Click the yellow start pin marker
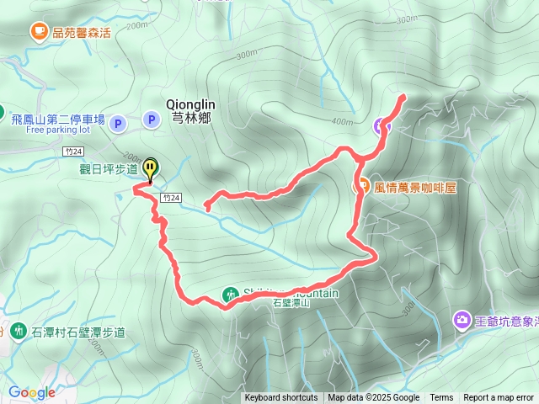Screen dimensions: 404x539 coord(150,168)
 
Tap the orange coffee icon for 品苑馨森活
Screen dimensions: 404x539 coord(39,32)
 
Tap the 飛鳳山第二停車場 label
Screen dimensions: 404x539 coord(57,120)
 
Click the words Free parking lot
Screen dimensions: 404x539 coord(57,130)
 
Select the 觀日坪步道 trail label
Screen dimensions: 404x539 coord(109,169)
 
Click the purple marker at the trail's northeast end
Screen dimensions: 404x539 coord(382,126)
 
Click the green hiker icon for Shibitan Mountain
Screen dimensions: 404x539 coord(230,294)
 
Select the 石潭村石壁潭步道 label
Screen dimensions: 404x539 coord(78,332)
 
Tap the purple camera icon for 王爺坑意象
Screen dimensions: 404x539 coord(462,320)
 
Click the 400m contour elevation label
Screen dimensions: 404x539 coord(342,122)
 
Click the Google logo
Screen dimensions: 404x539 coord(32,392)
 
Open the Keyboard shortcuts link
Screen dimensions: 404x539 coord(281,398)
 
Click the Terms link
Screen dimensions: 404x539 coord(441,398)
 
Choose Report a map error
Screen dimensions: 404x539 coord(498,398)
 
